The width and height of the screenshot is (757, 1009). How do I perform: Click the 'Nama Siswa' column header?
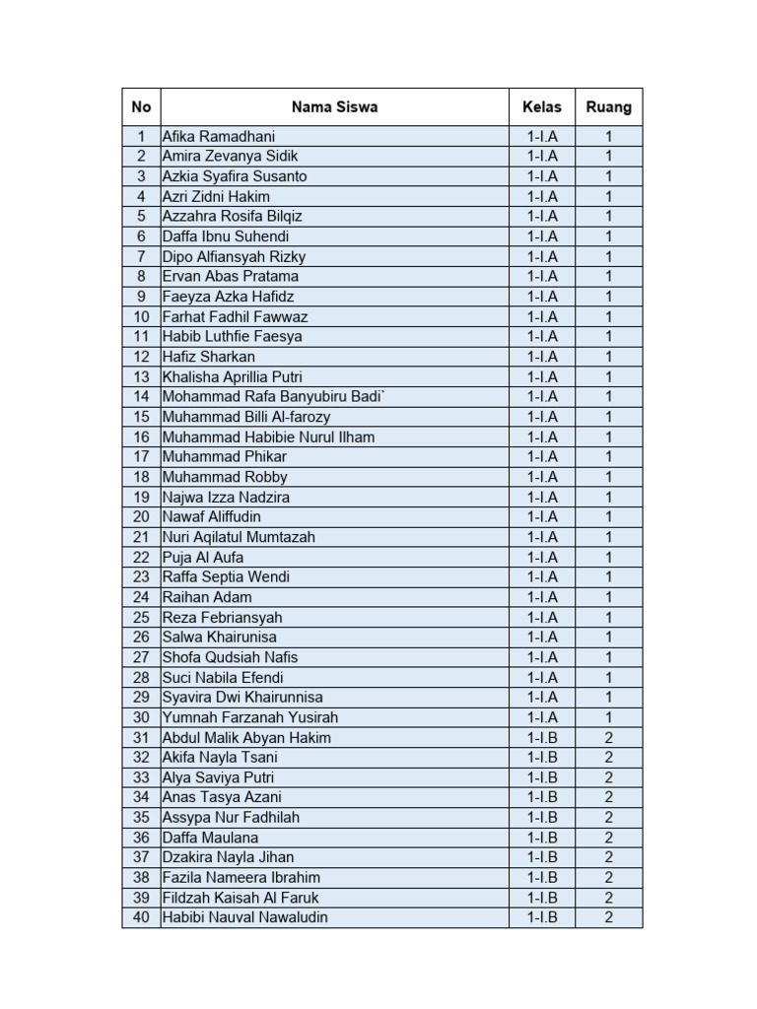point(334,106)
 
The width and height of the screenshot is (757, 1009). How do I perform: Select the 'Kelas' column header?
point(541,106)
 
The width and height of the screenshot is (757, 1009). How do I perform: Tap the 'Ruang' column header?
point(608,106)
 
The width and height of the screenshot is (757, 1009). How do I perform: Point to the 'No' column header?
point(141,106)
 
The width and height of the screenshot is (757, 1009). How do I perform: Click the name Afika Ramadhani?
point(219,136)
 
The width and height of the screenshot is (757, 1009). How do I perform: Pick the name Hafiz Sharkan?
point(208,357)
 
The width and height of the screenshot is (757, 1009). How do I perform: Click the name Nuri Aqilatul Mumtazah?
point(239,537)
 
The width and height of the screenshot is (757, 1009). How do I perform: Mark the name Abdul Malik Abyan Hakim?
point(246,738)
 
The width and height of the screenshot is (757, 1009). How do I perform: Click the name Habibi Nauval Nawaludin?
point(245,917)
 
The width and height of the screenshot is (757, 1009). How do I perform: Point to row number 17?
point(141,457)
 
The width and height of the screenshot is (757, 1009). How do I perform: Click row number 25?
point(141,618)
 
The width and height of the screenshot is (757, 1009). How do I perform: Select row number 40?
point(141,917)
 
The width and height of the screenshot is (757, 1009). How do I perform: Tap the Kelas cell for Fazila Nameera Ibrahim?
point(541,878)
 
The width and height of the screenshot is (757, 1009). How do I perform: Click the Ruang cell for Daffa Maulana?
point(608,838)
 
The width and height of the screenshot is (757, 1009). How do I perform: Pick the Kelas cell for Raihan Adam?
point(541,597)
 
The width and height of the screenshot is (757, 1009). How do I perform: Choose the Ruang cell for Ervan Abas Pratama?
point(608,277)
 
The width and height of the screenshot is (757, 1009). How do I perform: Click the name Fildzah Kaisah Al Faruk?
point(241,898)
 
